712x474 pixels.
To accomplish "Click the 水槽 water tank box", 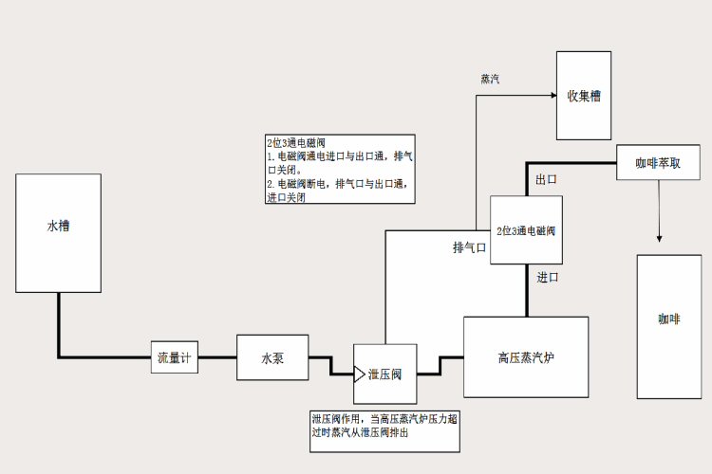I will click(x=58, y=232).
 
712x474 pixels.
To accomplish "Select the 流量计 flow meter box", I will click(x=175, y=357).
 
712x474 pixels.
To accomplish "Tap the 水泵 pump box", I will click(x=272, y=358).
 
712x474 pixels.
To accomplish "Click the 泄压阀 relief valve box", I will click(x=385, y=374).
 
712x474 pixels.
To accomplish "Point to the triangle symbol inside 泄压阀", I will click(x=360, y=374).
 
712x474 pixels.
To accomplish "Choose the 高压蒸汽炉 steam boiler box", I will click(x=525, y=356).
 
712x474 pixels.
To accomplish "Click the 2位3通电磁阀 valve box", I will click(x=526, y=230).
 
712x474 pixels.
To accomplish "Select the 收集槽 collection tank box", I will click(x=583, y=95).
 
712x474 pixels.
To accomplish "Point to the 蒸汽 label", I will click(x=490, y=79).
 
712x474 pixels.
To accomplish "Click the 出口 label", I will click(x=546, y=179).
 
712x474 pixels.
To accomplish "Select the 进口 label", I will click(x=548, y=277).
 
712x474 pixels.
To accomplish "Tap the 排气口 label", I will click(x=469, y=248).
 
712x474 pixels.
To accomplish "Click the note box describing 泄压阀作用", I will click(x=385, y=430).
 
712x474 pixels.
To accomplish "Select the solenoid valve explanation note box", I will click(x=339, y=168).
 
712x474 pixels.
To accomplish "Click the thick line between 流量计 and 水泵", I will click(x=217, y=357).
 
